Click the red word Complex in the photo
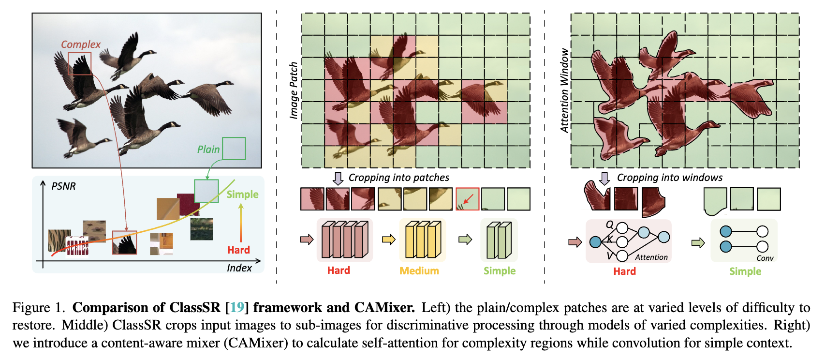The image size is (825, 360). pos(80,45)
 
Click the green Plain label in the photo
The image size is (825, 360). pos(208,150)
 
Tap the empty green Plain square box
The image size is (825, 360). pos(234,149)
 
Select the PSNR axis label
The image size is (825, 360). pos(63,186)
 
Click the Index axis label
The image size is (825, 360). pos(239,268)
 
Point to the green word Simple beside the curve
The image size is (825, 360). pos(242,195)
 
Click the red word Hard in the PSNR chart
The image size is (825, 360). pos(238,250)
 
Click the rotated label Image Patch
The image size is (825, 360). pos(294,90)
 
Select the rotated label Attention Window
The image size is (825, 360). pos(564,90)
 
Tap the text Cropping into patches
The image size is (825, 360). pos(398,178)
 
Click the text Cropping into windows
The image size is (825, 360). pos(669,178)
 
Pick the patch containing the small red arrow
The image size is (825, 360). pos(467,199)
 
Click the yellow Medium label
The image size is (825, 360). pos(419,271)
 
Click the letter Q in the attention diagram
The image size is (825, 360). pos(609,225)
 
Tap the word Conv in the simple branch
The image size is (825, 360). pos(765,258)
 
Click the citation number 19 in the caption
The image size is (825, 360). pos(237,308)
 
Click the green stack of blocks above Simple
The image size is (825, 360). pos(499,240)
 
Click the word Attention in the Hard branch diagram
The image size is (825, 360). pos(651,257)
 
